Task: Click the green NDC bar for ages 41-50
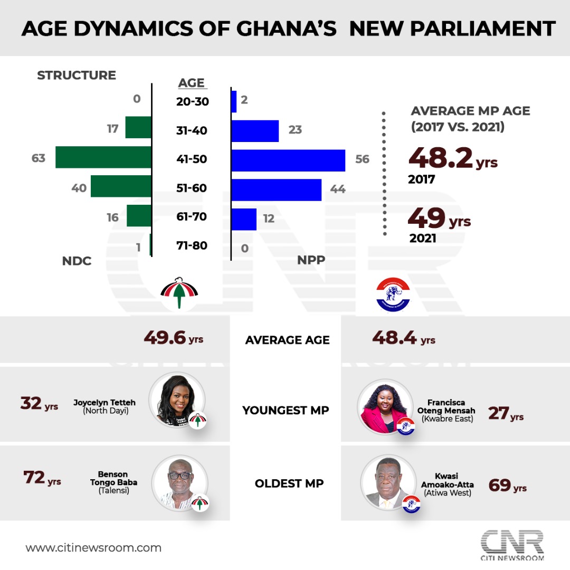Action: pyautogui.click(x=103, y=158)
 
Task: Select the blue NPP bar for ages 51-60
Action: pyautogui.click(x=276, y=190)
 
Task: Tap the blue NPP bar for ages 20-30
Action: pyautogui.click(x=234, y=101)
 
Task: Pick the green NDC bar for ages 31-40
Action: pyautogui.click(x=138, y=128)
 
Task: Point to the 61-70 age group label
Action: pyautogui.click(x=192, y=217)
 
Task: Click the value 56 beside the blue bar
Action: pyautogui.click(x=362, y=159)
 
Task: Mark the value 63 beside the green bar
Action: pyautogui.click(x=39, y=158)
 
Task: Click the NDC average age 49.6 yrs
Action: pyautogui.click(x=173, y=338)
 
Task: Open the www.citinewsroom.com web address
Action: pyautogui.click(x=93, y=548)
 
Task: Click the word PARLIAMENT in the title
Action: pyautogui.click(x=452, y=28)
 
